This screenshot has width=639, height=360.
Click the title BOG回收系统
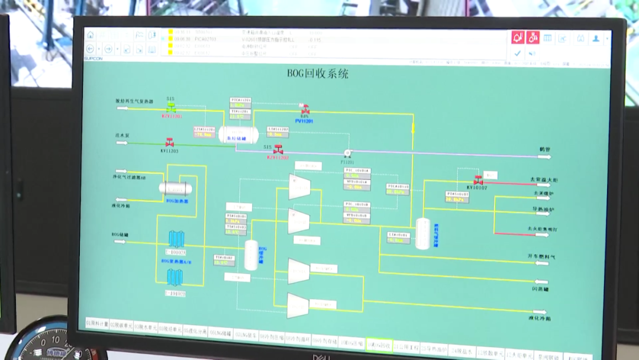coord(318,74)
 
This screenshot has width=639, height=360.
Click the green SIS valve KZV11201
coord(172,108)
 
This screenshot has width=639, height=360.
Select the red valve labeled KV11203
coord(170,143)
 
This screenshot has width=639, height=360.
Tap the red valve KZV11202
coord(278,150)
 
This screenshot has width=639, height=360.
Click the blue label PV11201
coord(304,121)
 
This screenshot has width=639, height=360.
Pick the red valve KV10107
coord(477,180)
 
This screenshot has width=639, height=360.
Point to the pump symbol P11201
coord(347,153)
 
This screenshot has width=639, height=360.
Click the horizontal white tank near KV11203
coord(238,135)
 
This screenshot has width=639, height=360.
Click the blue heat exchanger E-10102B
coord(175,277)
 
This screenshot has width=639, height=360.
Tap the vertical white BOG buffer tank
coord(251,255)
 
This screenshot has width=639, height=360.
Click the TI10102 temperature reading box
coord(224,260)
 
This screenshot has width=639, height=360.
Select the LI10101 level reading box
coord(399,237)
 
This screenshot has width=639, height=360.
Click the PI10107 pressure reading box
coord(457,197)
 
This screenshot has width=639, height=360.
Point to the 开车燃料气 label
coord(541,256)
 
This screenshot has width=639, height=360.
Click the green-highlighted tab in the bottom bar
coord(378,344)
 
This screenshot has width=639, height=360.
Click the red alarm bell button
coord(518,38)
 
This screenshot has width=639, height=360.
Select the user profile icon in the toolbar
coord(596,38)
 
